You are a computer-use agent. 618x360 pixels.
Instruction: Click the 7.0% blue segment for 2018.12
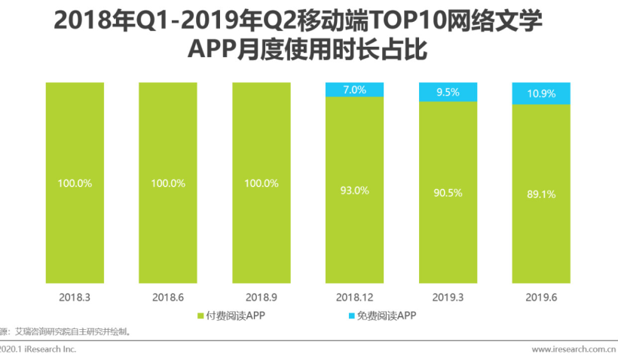(354, 90)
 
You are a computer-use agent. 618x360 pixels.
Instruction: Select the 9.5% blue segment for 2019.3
(448, 92)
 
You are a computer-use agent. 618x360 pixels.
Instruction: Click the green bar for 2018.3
(75, 226)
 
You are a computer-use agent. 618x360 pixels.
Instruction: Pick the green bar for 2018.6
(168, 226)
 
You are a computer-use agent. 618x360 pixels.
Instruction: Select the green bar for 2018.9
(262, 226)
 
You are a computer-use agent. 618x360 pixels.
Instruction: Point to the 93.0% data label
(354, 191)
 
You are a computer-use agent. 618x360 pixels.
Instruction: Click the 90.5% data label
(448, 193)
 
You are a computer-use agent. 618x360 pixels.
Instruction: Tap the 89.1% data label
(541, 194)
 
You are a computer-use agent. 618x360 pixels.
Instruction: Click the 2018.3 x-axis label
(75, 297)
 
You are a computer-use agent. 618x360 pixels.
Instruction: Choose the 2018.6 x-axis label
(168, 297)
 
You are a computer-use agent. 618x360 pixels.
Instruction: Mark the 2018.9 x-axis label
(262, 297)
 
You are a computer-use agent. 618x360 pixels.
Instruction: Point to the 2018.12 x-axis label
(354, 297)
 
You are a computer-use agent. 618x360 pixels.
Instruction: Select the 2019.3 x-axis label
(448, 297)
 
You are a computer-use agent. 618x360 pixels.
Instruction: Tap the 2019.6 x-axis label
(541, 297)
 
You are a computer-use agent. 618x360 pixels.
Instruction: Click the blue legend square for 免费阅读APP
(340, 316)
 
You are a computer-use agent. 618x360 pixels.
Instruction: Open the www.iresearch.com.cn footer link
(574, 349)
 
